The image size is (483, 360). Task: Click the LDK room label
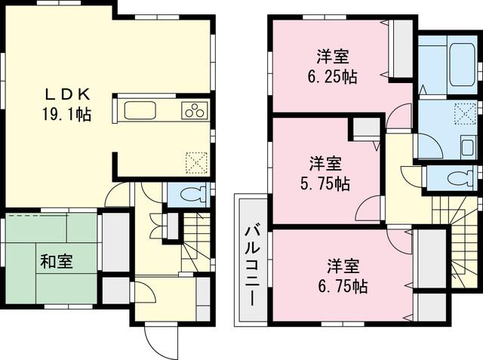point(67,94)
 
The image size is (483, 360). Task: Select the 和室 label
point(57,262)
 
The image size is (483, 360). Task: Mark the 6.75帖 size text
point(347,287)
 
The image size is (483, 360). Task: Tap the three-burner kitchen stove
point(194,111)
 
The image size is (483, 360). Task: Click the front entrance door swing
point(161,340)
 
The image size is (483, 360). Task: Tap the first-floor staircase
point(197,238)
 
